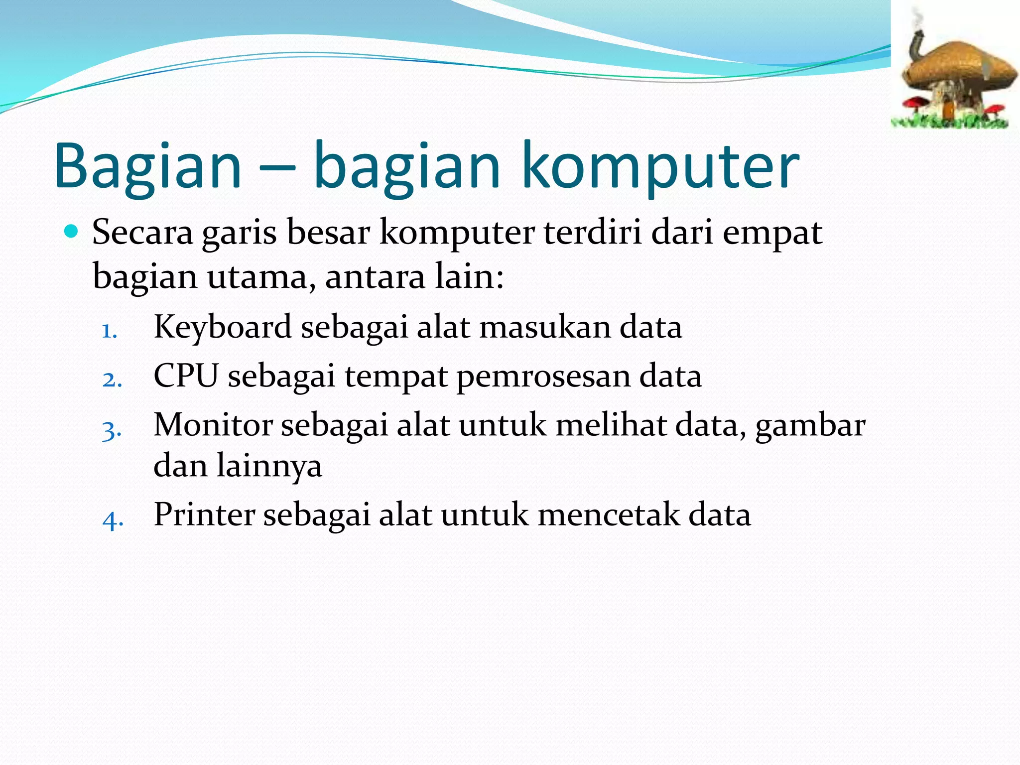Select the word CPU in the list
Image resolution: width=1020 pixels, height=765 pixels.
click(x=185, y=376)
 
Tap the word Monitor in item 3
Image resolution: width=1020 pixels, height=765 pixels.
click(x=213, y=425)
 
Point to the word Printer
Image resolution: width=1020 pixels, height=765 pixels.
click(x=204, y=514)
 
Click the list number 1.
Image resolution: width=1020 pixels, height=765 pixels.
click(x=109, y=331)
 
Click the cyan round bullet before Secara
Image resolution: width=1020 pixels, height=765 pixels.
click(x=72, y=232)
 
